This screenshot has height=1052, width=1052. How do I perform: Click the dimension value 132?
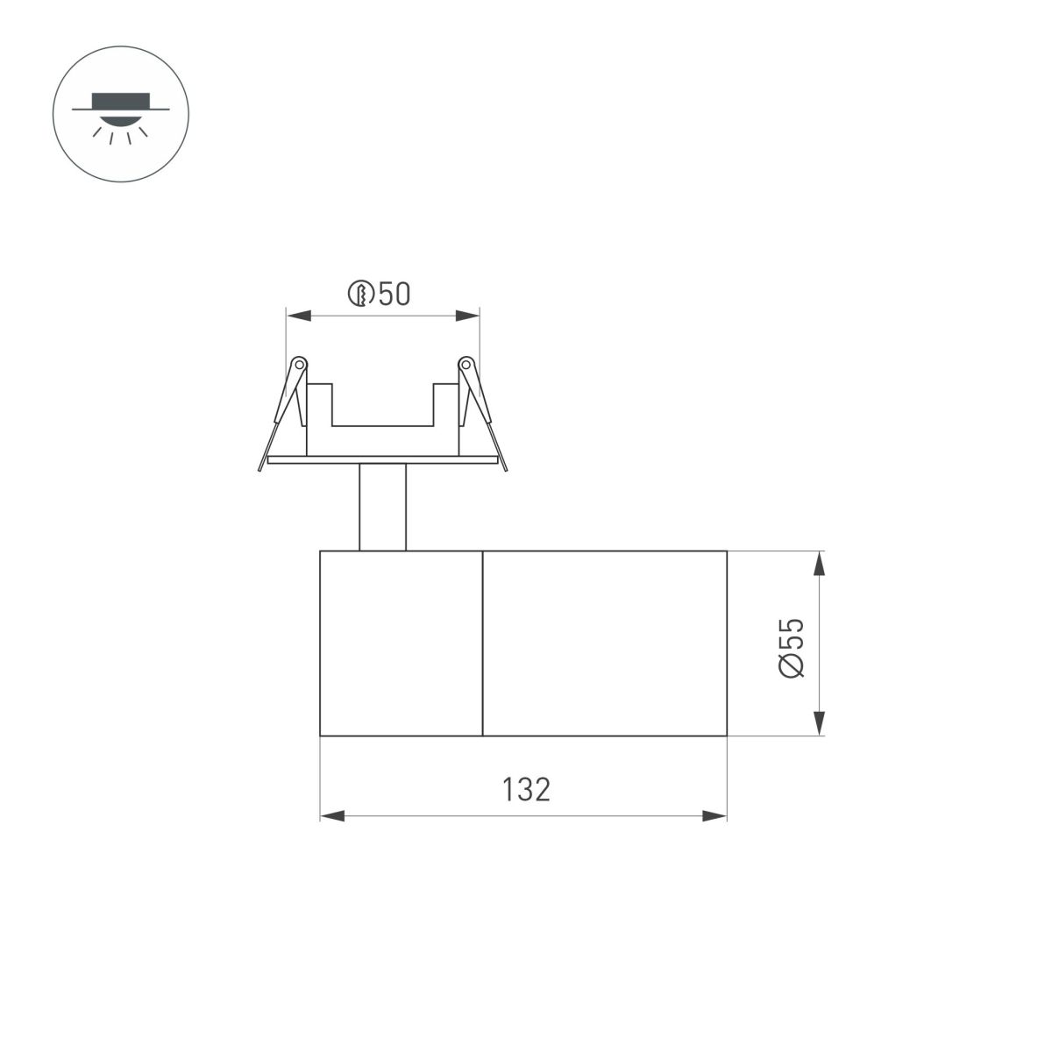[x=526, y=789]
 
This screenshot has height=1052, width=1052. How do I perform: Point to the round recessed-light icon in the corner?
[x=121, y=114]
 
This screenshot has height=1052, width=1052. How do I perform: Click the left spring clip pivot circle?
[x=298, y=362]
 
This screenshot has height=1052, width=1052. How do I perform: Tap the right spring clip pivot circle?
[x=466, y=362]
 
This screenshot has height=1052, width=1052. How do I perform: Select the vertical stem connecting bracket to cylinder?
[x=382, y=507]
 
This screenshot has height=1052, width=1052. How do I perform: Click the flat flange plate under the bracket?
[x=382, y=458]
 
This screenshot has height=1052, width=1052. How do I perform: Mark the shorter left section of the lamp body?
[x=402, y=643]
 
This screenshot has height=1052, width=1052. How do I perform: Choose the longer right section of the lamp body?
[x=605, y=643]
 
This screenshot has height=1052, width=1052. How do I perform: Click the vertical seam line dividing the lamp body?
[x=483, y=643]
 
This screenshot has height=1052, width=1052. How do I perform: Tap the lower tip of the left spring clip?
[x=260, y=468]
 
